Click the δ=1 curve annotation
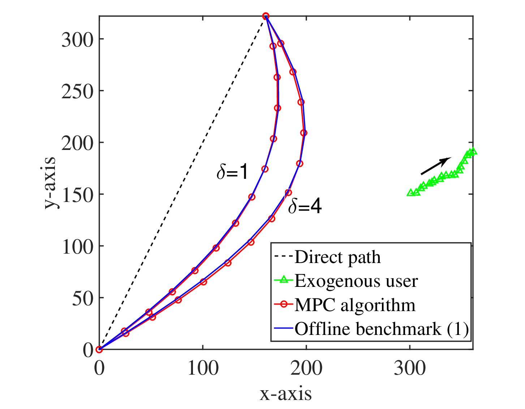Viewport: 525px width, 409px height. click(x=232, y=172)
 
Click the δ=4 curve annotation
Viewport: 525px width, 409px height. click(x=305, y=206)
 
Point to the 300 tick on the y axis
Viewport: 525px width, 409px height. click(x=77, y=39)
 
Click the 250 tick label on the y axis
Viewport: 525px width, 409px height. click(x=77, y=91)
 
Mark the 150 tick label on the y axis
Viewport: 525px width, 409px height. click(x=78, y=194)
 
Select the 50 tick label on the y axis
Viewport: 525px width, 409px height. click(x=83, y=298)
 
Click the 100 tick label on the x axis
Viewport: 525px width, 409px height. click(x=203, y=369)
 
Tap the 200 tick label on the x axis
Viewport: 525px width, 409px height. click(x=306, y=369)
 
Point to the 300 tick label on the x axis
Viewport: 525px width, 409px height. click(x=410, y=369)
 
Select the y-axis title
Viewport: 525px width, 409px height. click(x=50, y=182)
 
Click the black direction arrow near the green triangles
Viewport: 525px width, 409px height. click(x=436, y=166)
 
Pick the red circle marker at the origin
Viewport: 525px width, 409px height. click(x=99, y=349)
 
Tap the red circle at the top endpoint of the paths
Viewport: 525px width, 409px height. click(x=266, y=16)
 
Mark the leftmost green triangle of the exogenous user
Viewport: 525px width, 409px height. click(x=411, y=193)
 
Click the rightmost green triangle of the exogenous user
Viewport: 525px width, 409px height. click(x=473, y=151)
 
